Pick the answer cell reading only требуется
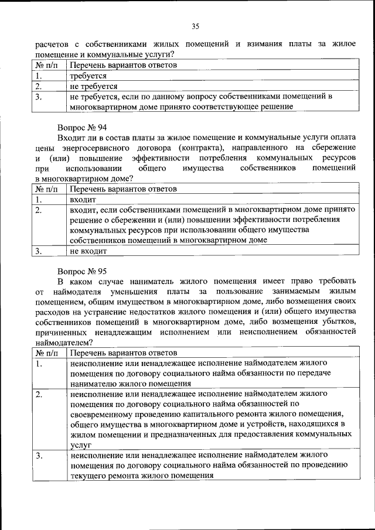pyautogui.click(x=88, y=76)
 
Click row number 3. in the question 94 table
pyautogui.click(x=38, y=251)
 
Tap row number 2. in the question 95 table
pyautogui.click(x=39, y=394)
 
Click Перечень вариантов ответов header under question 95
pyautogui.click(x=123, y=354)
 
